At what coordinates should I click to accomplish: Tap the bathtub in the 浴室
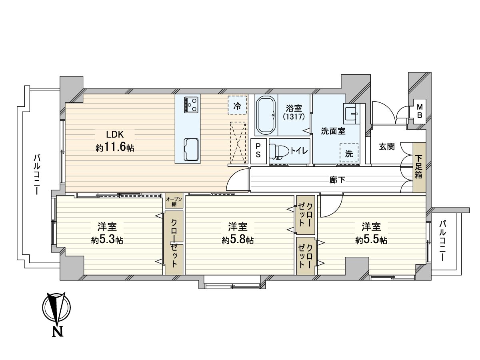coord(265,115)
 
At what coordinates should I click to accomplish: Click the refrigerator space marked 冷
coord(237,106)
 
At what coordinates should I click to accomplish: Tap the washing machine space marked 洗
coord(349,153)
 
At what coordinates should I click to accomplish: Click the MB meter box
coord(420,110)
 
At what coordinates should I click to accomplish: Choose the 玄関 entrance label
coord(387,146)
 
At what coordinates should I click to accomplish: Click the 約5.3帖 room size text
coord(107,240)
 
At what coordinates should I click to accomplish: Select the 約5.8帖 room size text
coord(238,240)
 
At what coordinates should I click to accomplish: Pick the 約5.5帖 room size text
coord(371,240)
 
